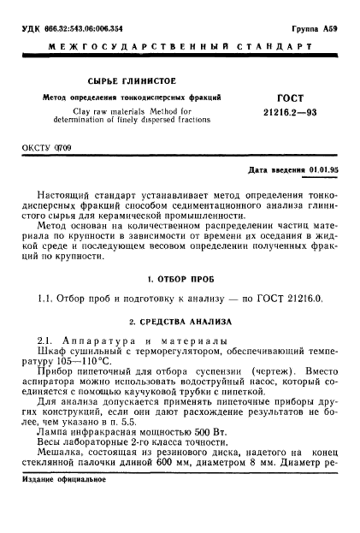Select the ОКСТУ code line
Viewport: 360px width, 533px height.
click(x=50, y=159)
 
